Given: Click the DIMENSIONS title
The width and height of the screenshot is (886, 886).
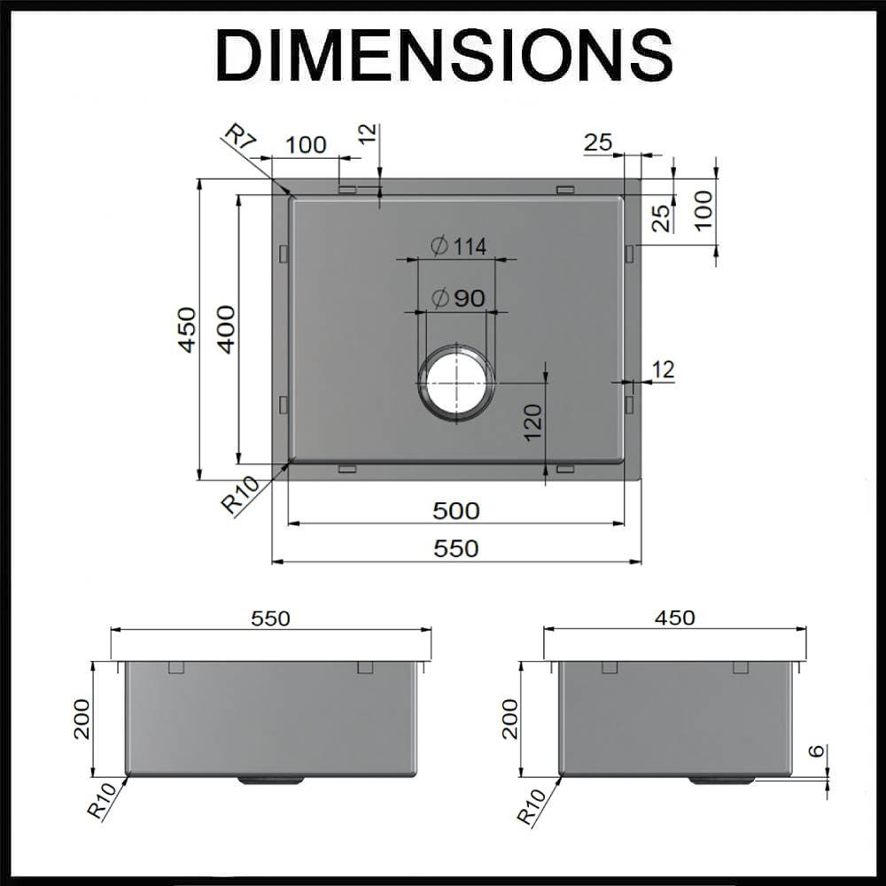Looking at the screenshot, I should pos(443,55).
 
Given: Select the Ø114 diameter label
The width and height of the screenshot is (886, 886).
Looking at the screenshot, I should pos(459,246).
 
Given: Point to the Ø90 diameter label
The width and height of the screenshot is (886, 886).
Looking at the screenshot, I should pos(459,299).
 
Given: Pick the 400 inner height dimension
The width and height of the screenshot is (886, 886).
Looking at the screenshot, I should pos(228,329).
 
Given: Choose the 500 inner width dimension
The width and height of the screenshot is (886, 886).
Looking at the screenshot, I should pos(456,510).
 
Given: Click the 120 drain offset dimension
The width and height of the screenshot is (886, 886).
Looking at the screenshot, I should pos(532,423).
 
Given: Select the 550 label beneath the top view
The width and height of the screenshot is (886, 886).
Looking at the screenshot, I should pos(456,548).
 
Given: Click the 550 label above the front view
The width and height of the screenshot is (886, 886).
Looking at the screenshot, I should pos(270,618).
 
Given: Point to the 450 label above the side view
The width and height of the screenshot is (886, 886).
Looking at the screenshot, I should pos(675,618).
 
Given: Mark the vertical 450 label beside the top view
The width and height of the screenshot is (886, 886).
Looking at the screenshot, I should pos(188,329).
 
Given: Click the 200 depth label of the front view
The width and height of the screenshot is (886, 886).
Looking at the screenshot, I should pos(82,719).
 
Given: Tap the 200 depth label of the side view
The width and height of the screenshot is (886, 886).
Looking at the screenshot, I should pos(509,719).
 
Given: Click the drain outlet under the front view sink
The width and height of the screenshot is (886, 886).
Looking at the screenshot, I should pos(270,781).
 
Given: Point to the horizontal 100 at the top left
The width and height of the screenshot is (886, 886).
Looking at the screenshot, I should pos(307,144).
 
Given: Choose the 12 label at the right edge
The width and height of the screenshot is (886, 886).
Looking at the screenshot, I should pos(663,369).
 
